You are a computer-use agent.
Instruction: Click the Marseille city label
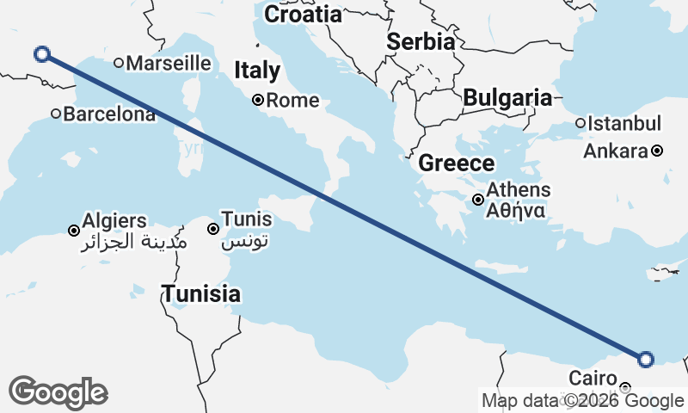(x=169, y=63)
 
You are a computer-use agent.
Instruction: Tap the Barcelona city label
(x=108, y=114)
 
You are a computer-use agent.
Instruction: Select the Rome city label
(x=292, y=101)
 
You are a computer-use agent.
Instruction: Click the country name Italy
(x=257, y=71)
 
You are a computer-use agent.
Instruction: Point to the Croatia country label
(x=303, y=14)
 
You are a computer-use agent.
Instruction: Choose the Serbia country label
(x=420, y=41)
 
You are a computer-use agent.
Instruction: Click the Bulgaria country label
(x=507, y=98)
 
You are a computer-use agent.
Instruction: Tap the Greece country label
(x=457, y=163)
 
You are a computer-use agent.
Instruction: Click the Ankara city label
(x=615, y=151)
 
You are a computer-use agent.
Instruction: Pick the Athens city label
(x=519, y=190)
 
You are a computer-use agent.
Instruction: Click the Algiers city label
(x=114, y=221)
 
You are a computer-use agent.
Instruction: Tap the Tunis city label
(x=247, y=219)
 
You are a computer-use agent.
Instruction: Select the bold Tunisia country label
(x=201, y=294)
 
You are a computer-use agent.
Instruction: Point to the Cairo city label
(x=593, y=379)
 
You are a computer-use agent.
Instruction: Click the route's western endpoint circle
(x=41, y=54)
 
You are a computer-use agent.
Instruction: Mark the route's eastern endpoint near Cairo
(x=646, y=359)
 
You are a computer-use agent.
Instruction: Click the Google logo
(x=58, y=392)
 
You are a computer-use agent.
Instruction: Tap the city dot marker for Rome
(x=257, y=100)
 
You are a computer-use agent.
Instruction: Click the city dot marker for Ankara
(x=657, y=151)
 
